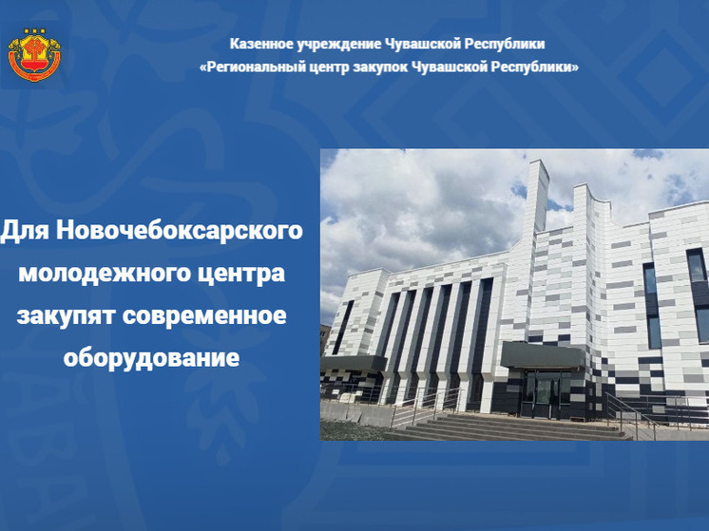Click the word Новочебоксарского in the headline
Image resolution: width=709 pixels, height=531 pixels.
pos(180,231)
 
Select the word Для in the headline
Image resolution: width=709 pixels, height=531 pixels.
pos(26,231)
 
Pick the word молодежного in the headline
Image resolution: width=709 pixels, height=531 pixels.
pos(101,275)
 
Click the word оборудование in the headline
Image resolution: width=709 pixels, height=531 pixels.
pos(151,359)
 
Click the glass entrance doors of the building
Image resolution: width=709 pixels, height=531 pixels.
pos(548,389)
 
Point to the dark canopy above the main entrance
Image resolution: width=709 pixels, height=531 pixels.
pos(545,356)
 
